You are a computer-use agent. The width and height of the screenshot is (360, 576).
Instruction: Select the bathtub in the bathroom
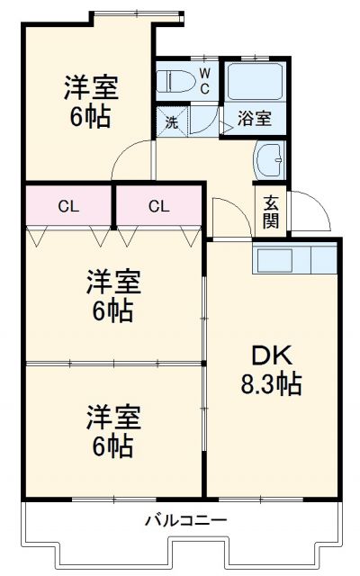pos(254,81)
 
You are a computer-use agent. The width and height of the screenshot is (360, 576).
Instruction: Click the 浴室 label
pos(254,118)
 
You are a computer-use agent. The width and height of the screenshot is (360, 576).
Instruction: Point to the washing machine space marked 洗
pos(171,121)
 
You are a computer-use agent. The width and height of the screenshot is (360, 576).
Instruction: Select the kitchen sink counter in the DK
pos(295,260)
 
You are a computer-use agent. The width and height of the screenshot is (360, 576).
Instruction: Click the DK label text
pos(268,355)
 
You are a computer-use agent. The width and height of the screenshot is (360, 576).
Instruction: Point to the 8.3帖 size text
pos(269,385)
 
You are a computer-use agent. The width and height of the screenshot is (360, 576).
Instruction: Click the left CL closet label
pos(67,206)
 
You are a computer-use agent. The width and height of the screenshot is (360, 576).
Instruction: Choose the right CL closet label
pos(158,206)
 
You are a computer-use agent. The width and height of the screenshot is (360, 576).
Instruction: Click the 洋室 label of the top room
pos(90,88)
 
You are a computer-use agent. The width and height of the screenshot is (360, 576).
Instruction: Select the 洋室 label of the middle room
pos(113,281)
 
